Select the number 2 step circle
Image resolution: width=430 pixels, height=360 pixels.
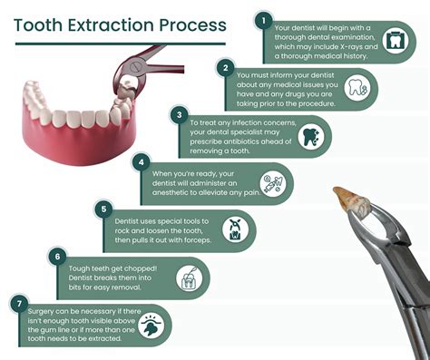click(224, 66)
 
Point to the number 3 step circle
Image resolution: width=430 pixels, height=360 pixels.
click(181, 114)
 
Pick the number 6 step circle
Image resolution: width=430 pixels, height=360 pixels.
click(59, 258)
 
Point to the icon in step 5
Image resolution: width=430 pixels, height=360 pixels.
click(234, 229)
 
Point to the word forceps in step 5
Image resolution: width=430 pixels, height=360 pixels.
click(195, 241)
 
